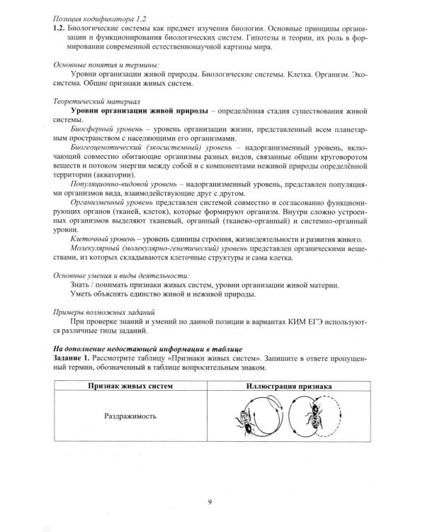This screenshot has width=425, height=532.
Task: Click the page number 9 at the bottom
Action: click(211, 503)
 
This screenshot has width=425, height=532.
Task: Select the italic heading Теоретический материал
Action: click(92, 102)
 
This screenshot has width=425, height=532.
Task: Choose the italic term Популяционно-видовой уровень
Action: click(119, 184)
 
